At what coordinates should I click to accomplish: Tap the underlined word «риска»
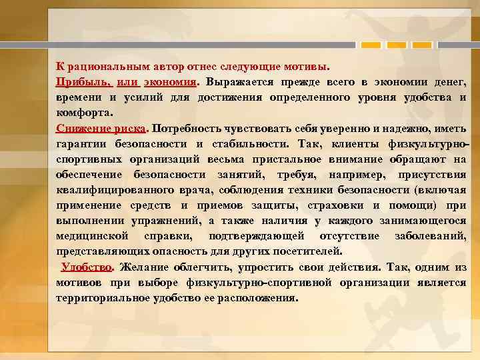(x=132, y=127)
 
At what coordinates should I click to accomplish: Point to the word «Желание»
(x=146, y=267)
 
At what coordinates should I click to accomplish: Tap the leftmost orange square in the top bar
(x=370, y=44)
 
